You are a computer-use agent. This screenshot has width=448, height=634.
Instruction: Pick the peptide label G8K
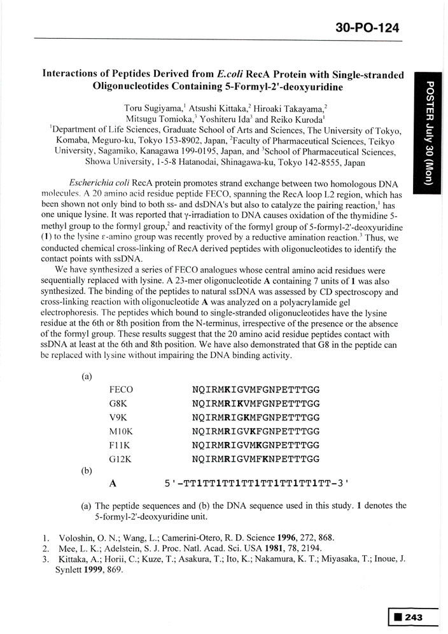(x=119, y=404)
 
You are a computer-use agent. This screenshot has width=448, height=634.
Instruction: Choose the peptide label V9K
(x=119, y=417)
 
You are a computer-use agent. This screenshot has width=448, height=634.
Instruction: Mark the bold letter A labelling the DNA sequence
(x=113, y=483)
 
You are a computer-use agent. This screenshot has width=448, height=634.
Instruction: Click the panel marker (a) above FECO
(x=87, y=376)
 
